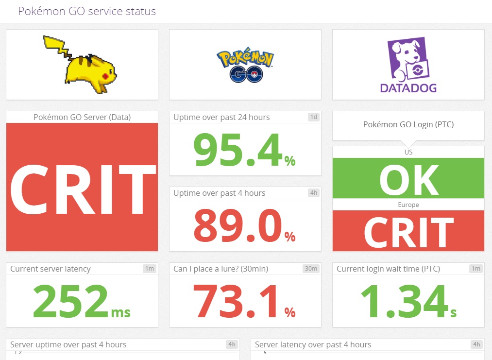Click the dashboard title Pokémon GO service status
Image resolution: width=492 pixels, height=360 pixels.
click(x=87, y=11)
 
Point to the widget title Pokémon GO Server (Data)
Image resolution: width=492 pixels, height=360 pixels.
click(x=82, y=117)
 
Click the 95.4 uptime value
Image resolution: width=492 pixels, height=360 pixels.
click(x=238, y=149)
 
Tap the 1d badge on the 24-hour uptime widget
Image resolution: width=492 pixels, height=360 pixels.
click(x=314, y=117)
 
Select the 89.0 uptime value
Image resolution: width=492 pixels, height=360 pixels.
click(x=238, y=225)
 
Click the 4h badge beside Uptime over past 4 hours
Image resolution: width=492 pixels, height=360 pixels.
click(x=314, y=193)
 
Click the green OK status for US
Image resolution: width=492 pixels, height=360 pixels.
click(x=408, y=179)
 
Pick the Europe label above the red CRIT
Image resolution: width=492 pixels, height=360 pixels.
click(x=408, y=205)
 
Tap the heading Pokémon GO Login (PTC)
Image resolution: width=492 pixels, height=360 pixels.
click(x=408, y=125)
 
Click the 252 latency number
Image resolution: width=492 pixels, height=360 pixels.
click(x=70, y=301)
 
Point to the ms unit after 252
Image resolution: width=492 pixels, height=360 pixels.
click(x=121, y=311)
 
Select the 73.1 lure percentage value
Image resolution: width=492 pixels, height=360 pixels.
click(x=238, y=301)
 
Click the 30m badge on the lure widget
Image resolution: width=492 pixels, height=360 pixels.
click(x=311, y=269)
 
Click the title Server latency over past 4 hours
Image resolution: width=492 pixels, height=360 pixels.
click(x=313, y=344)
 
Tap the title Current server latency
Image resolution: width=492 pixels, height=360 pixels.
click(x=51, y=269)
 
